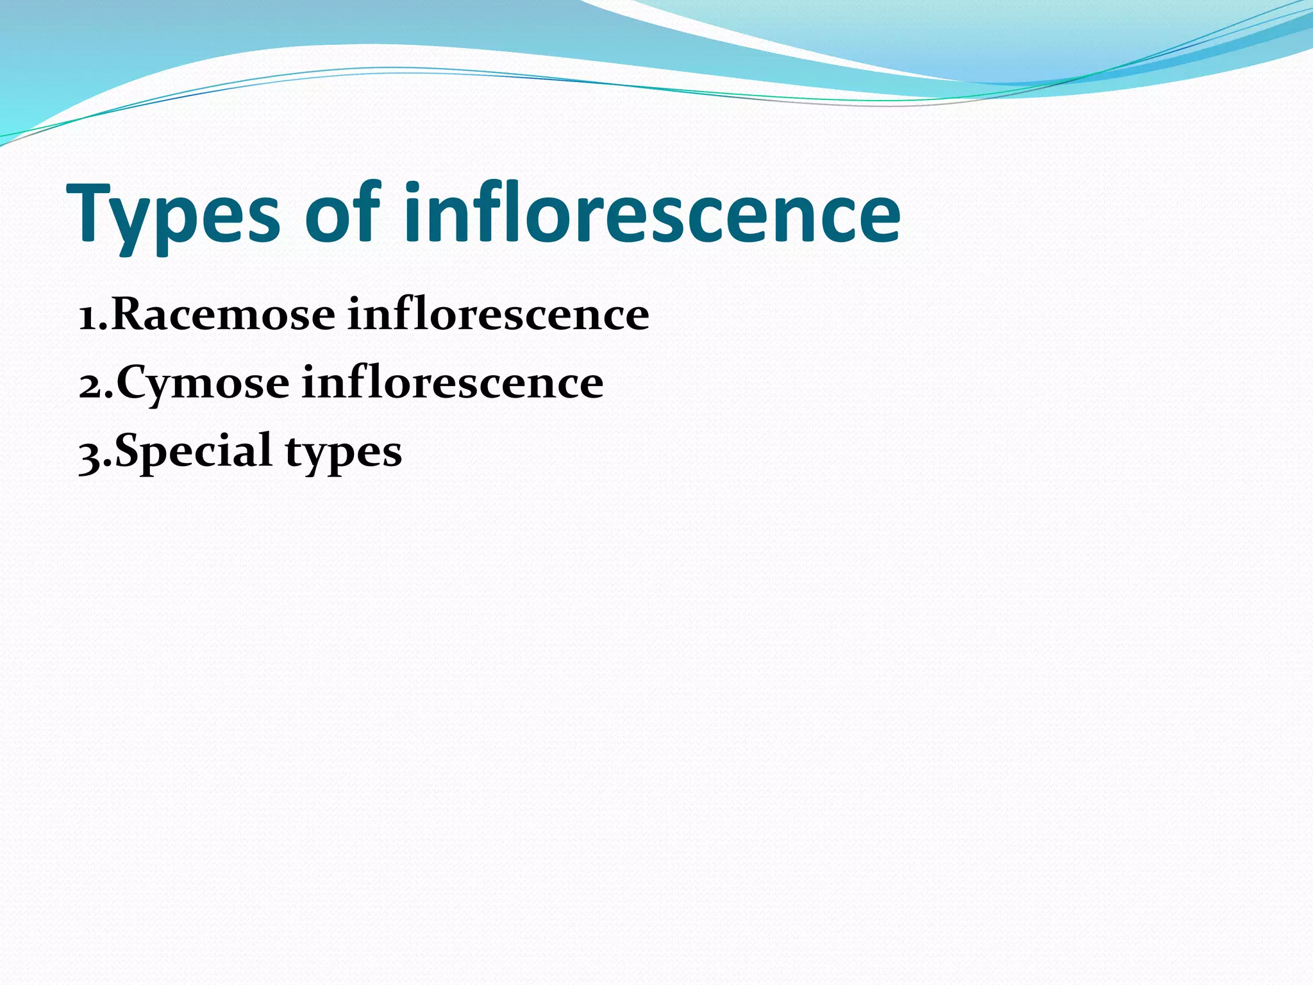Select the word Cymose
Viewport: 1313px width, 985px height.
pos(203,383)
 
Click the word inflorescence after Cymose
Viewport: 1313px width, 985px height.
pos(453,383)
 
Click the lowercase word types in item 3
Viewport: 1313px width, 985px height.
pos(344,453)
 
